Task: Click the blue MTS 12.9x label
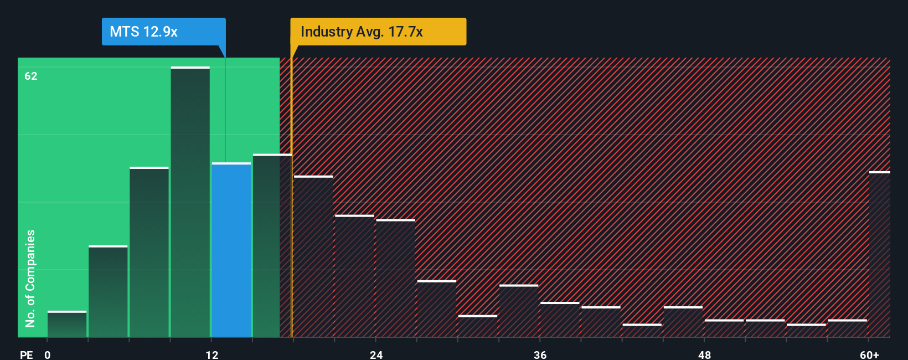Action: pyautogui.click(x=163, y=32)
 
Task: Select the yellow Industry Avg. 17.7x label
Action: pyautogui.click(x=378, y=32)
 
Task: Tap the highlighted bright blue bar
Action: pyautogui.click(x=231, y=250)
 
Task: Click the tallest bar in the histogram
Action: pyautogui.click(x=190, y=202)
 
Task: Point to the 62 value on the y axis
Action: pyautogui.click(x=31, y=76)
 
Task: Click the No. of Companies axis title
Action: pyautogui.click(x=30, y=278)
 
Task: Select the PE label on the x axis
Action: pyautogui.click(x=26, y=354)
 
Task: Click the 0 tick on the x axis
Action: pyautogui.click(x=48, y=354)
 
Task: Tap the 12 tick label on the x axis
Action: pyautogui.click(x=212, y=354)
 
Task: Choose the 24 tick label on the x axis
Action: pyautogui.click(x=376, y=354)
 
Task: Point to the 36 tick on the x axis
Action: pyautogui.click(x=540, y=354)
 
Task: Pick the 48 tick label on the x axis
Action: pyautogui.click(x=704, y=354)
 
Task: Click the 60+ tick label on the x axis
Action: pyautogui.click(x=869, y=354)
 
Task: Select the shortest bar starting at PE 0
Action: pyautogui.click(x=67, y=324)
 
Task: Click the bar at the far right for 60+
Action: pyautogui.click(x=879, y=255)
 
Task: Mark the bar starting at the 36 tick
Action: pyautogui.click(x=560, y=320)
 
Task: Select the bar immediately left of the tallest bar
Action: pyautogui.click(x=149, y=252)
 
